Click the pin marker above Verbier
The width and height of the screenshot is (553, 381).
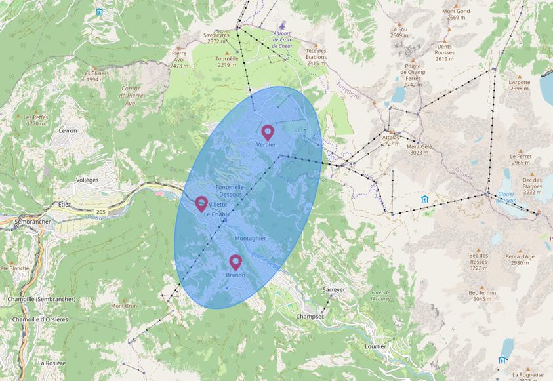[x=268, y=132]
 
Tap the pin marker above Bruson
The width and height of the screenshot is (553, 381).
[x=236, y=262]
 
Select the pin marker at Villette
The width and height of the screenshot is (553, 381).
[x=201, y=203]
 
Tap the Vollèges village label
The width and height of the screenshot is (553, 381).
[x=87, y=180]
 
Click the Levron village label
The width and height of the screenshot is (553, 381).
[x=68, y=130]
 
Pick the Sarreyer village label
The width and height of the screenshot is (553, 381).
[x=334, y=289]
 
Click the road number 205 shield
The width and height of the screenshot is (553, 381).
[x=100, y=212]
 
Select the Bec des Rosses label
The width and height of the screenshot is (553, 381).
[x=478, y=261]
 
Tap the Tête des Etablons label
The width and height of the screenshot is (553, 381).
[x=316, y=57]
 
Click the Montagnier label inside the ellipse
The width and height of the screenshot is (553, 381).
[x=250, y=238]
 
